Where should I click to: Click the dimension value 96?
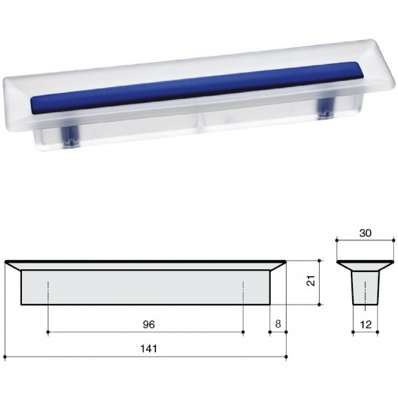click(x=149, y=324)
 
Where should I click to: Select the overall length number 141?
click(x=149, y=348)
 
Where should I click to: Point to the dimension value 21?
click(x=310, y=281)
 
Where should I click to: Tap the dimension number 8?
click(x=278, y=324)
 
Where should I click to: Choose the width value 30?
click(x=365, y=233)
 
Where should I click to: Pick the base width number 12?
click(x=365, y=324)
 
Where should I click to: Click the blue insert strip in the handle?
click(x=193, y=87)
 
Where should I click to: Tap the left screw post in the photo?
click(x=70, y=136)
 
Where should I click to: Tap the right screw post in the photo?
click(x=326, y=108)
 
